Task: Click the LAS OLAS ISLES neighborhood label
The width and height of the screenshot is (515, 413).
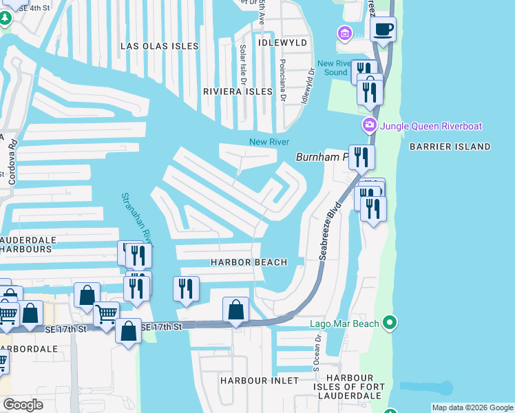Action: (x=159, y=46)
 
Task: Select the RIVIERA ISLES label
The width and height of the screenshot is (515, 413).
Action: (x=238, y=91)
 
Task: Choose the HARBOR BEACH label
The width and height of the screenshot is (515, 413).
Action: (x=249, y=262)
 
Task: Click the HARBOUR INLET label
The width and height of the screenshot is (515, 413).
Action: (x=260, y=380)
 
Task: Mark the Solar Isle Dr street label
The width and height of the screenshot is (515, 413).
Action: (x=242, y=61)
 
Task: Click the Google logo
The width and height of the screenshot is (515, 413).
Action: (x=23, y=405)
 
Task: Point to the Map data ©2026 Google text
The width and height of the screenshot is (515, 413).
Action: (x=472, y=407)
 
